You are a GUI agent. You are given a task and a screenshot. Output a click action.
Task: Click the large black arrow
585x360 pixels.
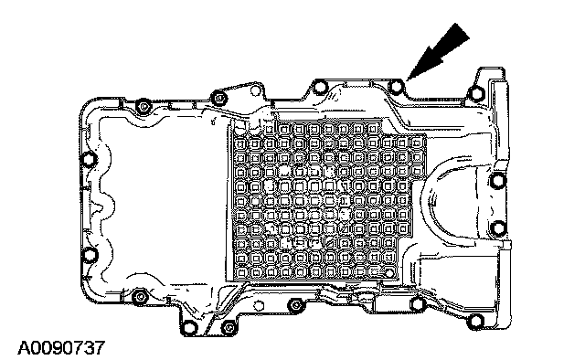coord(439,51)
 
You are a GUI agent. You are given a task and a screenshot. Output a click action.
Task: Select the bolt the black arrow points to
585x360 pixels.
coord(396,87)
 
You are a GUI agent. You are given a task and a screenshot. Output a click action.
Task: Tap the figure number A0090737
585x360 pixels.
coord(61,348)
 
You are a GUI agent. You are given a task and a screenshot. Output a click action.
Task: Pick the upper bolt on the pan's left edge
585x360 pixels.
coord(89,160)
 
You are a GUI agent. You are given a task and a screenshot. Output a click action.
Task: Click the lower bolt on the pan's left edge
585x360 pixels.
coord(89,255)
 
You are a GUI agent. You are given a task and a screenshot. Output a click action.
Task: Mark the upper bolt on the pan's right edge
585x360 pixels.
coord(497,181)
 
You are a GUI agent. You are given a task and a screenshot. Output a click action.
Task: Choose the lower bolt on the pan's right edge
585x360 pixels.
coord(498,227)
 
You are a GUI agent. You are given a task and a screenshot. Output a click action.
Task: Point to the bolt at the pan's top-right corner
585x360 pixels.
coord(475,93)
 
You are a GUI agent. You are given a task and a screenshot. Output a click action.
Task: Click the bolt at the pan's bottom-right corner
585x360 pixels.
coord(475,321)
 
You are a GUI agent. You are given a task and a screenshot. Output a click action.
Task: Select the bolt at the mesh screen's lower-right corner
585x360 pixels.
coord(389,273)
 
